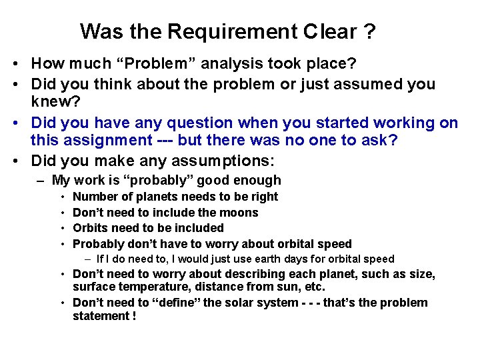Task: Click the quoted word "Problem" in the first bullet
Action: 163,64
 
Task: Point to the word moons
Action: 241,213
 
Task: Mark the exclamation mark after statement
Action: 133,316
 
